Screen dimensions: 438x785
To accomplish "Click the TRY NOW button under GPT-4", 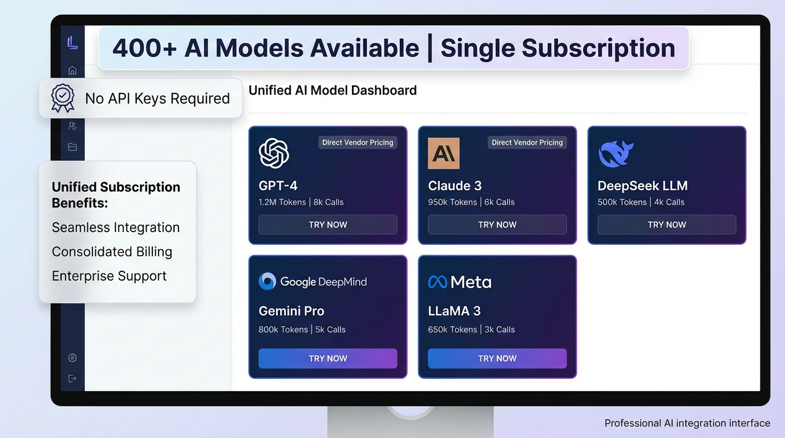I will (327, 225).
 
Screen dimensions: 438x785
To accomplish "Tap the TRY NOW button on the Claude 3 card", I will (497, 225).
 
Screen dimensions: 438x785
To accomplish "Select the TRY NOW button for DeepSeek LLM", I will (666, 225).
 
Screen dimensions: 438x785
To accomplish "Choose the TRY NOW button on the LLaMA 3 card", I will (497, 358).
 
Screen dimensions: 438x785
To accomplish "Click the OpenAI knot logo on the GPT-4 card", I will (274, 153).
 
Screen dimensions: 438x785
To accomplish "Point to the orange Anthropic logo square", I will (443, 153).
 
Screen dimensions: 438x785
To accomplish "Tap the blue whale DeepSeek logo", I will (616, 153).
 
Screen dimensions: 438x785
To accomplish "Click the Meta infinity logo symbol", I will (437, 282).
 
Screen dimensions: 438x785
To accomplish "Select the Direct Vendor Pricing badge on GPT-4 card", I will (358, 143).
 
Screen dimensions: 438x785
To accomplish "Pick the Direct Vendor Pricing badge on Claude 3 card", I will (527, 143).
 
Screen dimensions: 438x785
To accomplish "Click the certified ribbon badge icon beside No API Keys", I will (63, 98).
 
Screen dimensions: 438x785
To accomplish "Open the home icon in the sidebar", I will (72, 70).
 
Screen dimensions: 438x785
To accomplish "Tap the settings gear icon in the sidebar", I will (72, 358).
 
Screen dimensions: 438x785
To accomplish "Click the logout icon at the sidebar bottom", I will (72, 379).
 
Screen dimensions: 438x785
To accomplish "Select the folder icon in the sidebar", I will (72, 147).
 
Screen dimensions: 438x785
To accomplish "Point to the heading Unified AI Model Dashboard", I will (333, 90).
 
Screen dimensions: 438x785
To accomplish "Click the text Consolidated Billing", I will (112, 252).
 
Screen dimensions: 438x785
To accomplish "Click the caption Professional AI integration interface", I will (687, 423).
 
